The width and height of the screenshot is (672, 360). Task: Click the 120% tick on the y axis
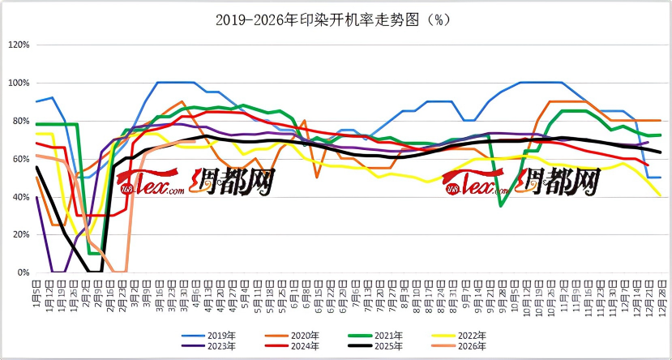[19, 45]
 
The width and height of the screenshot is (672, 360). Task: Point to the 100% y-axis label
[19, 83]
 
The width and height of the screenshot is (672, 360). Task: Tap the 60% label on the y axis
[21, 159]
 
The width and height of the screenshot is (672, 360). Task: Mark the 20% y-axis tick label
[21, 234]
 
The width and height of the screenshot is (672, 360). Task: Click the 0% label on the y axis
[24, 272]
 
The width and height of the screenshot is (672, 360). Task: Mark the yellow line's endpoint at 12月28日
[660, 195]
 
